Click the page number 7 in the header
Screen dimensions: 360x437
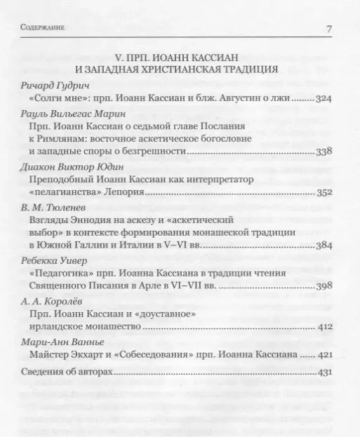330,29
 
